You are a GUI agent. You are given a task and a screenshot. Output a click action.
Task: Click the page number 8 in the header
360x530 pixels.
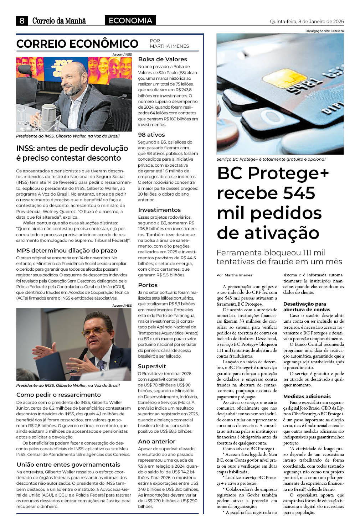point(22,21)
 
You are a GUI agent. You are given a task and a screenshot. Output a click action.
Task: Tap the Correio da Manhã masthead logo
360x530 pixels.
point(59,21)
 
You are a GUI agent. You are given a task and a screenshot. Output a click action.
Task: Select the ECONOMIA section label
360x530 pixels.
point(130,21)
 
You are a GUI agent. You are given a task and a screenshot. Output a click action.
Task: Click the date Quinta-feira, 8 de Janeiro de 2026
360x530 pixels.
point(307,21)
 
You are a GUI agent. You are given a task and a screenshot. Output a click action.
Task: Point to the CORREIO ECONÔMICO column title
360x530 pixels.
point(77,44)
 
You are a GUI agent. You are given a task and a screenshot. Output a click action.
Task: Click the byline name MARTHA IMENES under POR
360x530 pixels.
point(169,46)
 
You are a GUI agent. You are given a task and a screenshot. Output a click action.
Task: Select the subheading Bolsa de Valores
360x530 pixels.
point(163,59)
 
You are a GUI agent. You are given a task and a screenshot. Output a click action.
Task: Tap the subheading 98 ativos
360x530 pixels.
point(151,135)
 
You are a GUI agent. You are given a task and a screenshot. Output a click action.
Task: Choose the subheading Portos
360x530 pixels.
point(148,285)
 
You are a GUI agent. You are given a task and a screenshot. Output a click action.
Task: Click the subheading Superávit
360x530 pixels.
point(152,367)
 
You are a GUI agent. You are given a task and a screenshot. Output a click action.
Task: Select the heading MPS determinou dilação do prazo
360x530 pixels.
point(67,251)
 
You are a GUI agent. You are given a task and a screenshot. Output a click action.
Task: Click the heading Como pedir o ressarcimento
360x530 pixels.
point(58,395)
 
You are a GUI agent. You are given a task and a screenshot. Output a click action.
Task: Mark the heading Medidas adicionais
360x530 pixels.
point(302,397)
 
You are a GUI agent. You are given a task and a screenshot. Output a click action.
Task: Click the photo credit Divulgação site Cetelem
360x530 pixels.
point(324,31)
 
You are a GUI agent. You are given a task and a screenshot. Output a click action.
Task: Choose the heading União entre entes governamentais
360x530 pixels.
point(68,465)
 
